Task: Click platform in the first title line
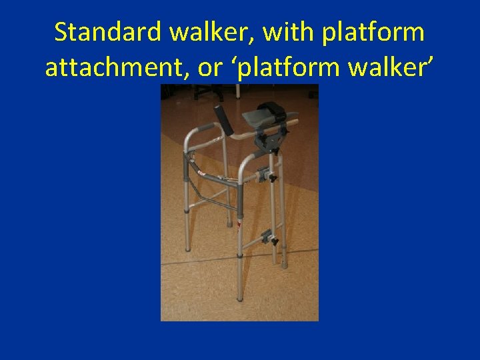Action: click(x=373, y=32)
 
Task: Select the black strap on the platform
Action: click(x=273, y=109)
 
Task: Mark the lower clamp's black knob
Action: click(x=273, y=242)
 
